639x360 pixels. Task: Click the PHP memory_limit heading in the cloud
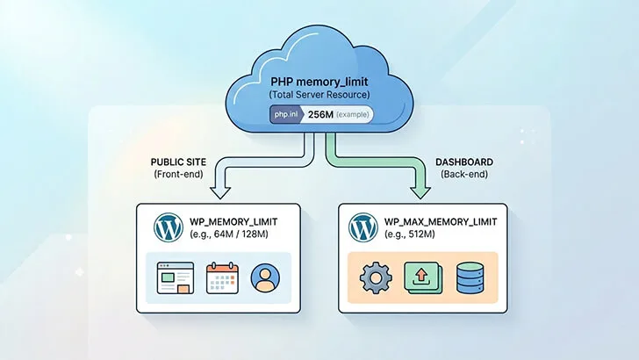[319, 80]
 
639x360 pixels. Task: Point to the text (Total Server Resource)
[319, 94]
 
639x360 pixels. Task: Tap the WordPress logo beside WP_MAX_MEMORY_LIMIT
[363, 227]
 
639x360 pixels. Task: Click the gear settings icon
[374, 278]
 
